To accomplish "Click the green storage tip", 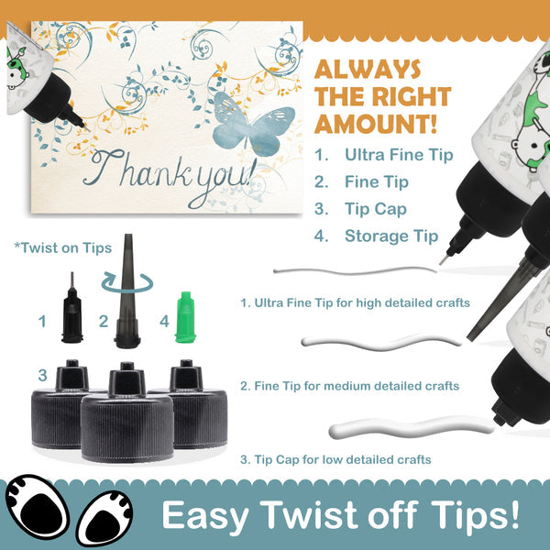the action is tap(185, 317).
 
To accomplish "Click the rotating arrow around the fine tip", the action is tap(127, 283).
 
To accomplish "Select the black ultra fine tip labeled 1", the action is tap(72, 311).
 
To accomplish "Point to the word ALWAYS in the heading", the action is tap(368, 69).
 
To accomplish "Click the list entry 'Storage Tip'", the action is tap(391, 236).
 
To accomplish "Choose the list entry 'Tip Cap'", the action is tap(376, 209).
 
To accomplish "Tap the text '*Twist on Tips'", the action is tap(63, 248).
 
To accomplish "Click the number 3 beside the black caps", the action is tap(43, 375).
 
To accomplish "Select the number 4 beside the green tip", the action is tap(164, 322).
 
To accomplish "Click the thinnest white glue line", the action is tap(355, 270).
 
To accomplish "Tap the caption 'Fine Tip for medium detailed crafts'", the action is tap(357, 386).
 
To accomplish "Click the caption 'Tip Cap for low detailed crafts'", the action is tap(343, 459).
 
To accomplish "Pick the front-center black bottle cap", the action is tap(127, 414).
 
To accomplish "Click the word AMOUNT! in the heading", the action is tap(376, 124).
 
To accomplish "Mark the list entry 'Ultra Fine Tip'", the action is tap(399, 155).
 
